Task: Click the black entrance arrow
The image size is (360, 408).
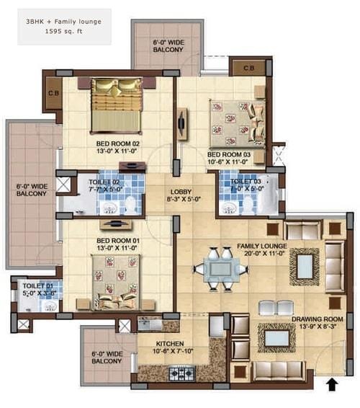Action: [332, 386]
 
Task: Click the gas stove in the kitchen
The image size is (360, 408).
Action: [179, 373]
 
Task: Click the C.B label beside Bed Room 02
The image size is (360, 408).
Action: [53, 92]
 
